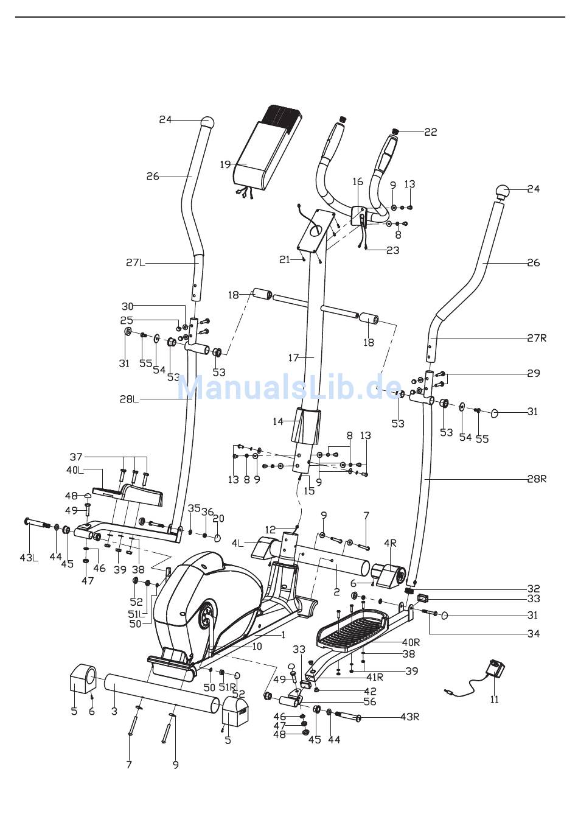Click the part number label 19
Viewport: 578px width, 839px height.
pyautogui.click(x=225, y=164)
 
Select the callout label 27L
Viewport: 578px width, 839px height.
pyautogui.click(x=136, y=263)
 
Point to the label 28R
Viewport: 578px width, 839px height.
pyautogui.click(x=537, y=479)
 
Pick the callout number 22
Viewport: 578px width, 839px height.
pyautogui.click(x=431, y=132)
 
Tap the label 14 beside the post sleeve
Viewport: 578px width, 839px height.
pyautogui.click(x=278, y=422)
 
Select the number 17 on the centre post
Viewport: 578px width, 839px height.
pyautogui.click(x=293, y=358)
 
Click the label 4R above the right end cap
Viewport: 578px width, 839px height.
pyautogui.click(x=390, y=543)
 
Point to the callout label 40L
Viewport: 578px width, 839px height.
pyautogui.click(x=75, y=470)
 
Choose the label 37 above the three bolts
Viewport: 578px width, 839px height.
pyautogui.click(x=76, y=457)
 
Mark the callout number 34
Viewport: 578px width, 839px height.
pyautogui.click(x=534, y=634)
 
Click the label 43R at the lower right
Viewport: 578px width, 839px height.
pyautogui.click(x=409, y=717)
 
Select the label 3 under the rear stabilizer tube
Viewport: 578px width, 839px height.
pyautogui.click(x=114, y=711)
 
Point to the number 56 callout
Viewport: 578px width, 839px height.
pyautogui.click(x=369, y=701)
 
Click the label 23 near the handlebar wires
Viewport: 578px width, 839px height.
pyautogui.click(x=392, y=250)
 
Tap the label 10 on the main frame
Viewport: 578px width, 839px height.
pyautogui.click(x=257, y=647)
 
